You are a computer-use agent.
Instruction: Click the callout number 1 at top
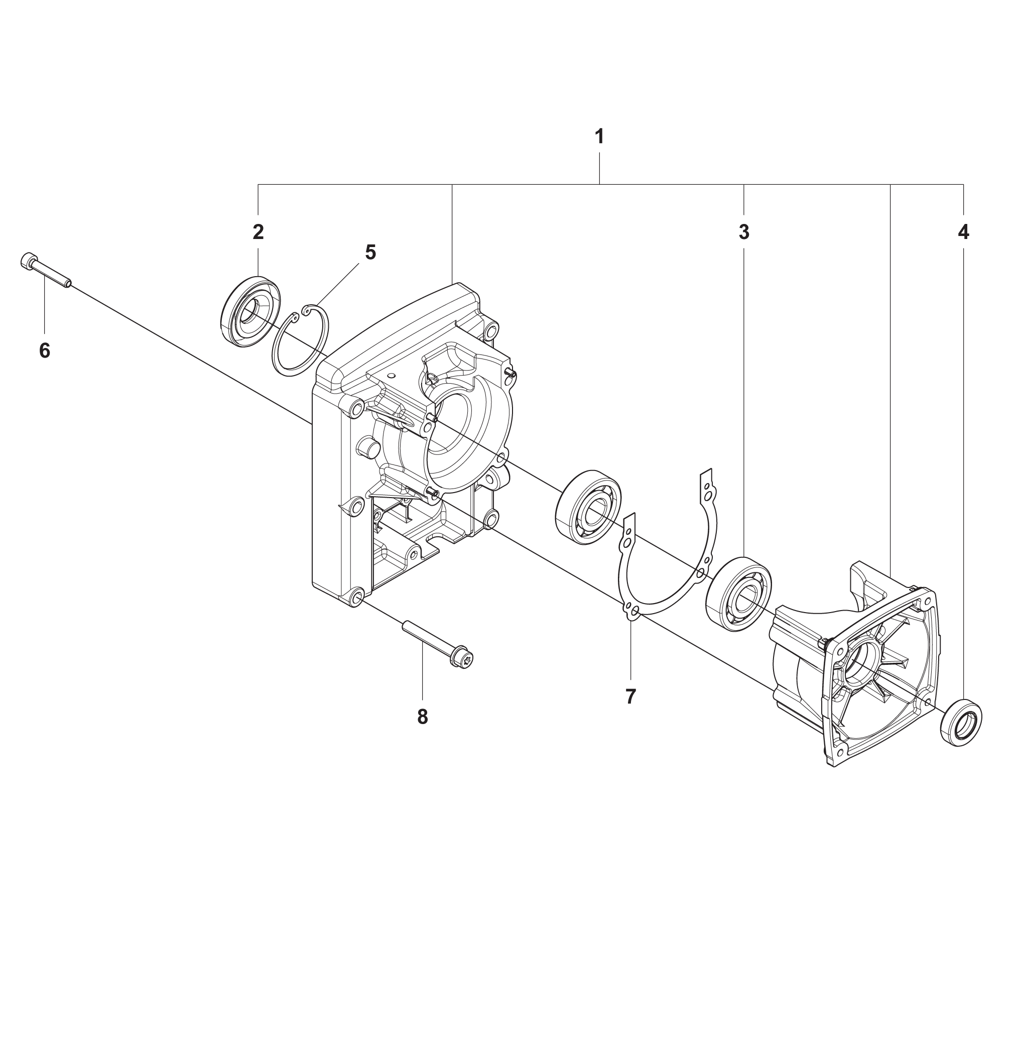click(x=599, y=136)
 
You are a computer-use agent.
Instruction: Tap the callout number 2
click(x=258, y=232)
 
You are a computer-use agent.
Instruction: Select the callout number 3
click(x=743, y=232)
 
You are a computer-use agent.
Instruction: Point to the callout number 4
click(x=963, y=232)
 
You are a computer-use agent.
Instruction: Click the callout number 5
click(x=370, y=252)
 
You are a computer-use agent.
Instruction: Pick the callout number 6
click(x=45, y=350)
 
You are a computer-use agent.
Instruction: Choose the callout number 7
click(x=630, y=696)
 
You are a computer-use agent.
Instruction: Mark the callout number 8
click(x=422, y=717)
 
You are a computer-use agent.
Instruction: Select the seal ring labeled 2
click(x=251, y=311)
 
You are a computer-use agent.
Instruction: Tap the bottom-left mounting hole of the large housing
click(x=356, y=598)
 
